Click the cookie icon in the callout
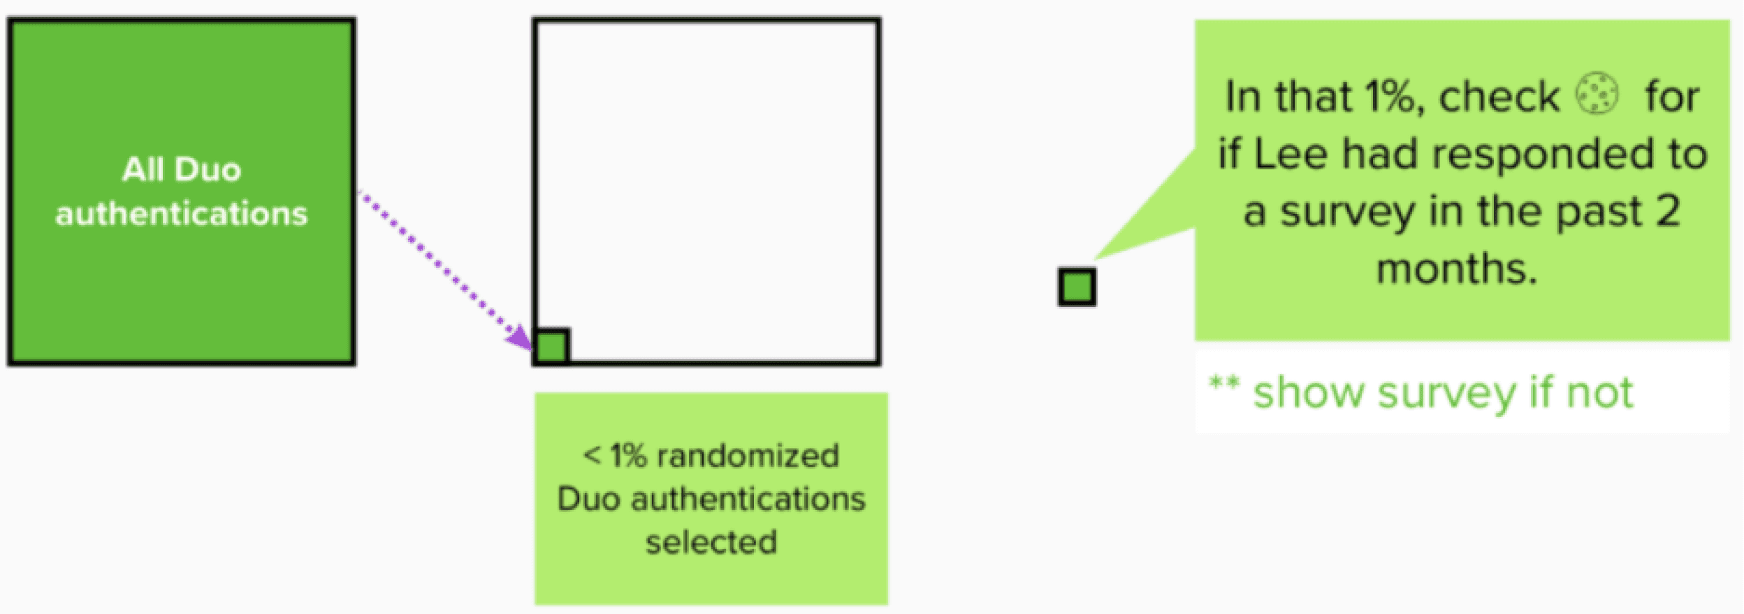click(1597, 93)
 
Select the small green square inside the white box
click(551, 347)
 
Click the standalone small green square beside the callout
click(1077, 287)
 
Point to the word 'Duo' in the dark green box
click(208, 170)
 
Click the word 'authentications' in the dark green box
click(182, 213)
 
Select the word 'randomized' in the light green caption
click(748, 456)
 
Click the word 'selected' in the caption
click(711, 542)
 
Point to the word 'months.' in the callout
click(1457, 269)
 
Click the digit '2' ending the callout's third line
click(1669, 211)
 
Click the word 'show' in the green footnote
click(1308, 393)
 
